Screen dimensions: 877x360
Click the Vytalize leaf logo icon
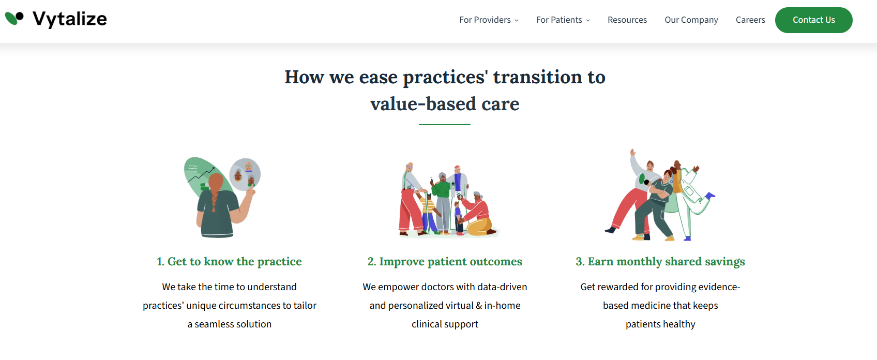click(x=14, y=19)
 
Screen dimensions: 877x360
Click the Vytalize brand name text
click(x=70, y=19)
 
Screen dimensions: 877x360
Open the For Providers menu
click(x=489, y=20)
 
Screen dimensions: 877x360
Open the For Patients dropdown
click(x=563, y=20)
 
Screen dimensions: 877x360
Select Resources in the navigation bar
click(x=627, y=20)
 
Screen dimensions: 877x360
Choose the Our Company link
click(x=691, y=20)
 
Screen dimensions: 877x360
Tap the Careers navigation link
click(x=750, y=20)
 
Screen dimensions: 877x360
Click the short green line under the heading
click(x=444, y=125)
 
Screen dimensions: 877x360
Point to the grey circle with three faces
click(x=245, y=174)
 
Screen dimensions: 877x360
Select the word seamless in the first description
click(x=217, y=324)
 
